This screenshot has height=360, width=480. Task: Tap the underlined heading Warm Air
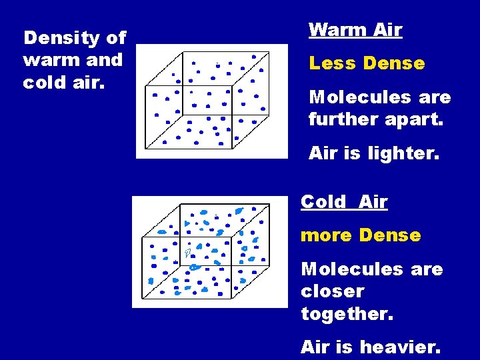(x=355, y=30)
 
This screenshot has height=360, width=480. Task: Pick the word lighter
(x=401, y=153)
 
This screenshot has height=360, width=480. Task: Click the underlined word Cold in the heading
(x=323, y=202)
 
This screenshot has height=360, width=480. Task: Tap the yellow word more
(x=327, y=235)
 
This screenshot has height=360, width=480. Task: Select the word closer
(x=333, y=291)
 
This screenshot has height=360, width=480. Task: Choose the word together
(x=347, y=313)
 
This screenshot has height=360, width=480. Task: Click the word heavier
(x=400, y=347)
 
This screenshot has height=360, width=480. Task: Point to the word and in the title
(x=105, y=60)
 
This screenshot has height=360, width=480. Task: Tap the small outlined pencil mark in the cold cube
(x=189, y=251)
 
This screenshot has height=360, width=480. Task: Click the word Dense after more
(x=389, y=235)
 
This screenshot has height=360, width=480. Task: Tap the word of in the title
(x=116, y=39)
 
